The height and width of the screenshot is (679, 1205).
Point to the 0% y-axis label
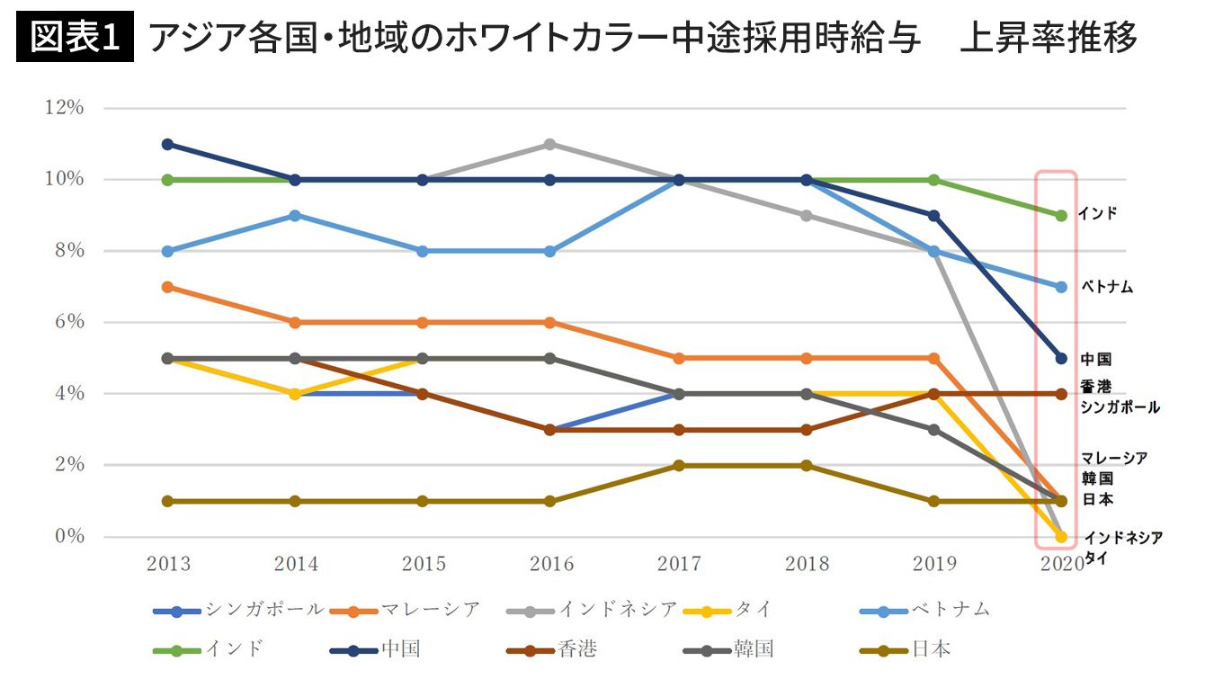pyautogui.click(x=67, y=537)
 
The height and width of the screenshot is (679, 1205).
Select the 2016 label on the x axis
pyautogui.click(x=551, y=565)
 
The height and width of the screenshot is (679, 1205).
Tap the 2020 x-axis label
pyautogui.click(x=1061, y=565)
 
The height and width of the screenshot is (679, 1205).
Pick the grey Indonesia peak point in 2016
pyautogui.click(x=551, y=144)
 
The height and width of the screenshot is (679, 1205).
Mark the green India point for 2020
pyautogui.click(x=1061, y=215)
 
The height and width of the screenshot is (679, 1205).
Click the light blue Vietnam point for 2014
pyautogui.click(x=296, y=215)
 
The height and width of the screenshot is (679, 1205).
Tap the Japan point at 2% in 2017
pyautogui.click(x=679, y=465)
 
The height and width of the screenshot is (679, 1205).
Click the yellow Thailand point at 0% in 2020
pyautogui.click(x=1061, y=537)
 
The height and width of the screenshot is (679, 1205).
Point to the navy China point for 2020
pyautogui.click(x=1061, y=358)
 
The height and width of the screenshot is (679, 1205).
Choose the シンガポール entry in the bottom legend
pyautogui.click(x=239, y=610)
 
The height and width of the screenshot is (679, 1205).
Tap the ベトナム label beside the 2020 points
pyautogui.click(x=1105, y=288)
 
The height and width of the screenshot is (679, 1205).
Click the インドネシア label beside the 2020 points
pyautogui.click(x=1123, y=538)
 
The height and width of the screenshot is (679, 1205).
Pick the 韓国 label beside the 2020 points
pyautogui.click(x=1097, y=478)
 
